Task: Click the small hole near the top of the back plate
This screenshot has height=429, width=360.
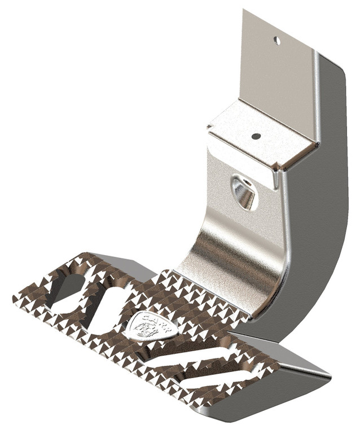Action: (276, 41)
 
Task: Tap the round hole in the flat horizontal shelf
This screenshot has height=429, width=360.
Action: (256, 136)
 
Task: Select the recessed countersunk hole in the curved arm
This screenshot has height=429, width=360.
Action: (244, 194)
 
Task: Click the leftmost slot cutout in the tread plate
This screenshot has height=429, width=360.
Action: (66, 292)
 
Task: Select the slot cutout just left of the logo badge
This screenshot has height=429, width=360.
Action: (103, 309)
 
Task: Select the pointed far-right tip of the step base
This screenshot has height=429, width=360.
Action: (330, 374)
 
